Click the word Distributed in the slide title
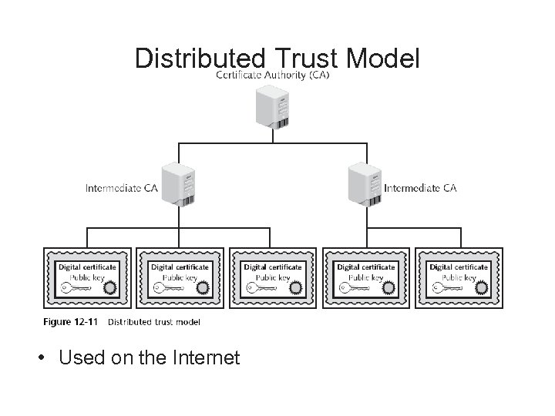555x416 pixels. [x=199, y=59]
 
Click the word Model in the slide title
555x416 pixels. [x=383, y=59]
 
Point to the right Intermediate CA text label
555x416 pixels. [x=420, y=187]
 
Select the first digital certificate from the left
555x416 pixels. [x=87, y=277]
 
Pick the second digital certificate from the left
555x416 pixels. [x=180, y=277]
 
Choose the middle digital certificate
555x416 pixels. [x=272, y=277]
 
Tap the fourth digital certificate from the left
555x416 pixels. [x=365, y=277]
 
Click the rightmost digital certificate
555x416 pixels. [x=458, y=277]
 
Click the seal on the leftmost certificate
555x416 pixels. [x=110, y=289]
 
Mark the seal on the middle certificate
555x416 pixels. [x=295, y=289]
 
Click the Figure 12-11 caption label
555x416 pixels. [x=70, y=321]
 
